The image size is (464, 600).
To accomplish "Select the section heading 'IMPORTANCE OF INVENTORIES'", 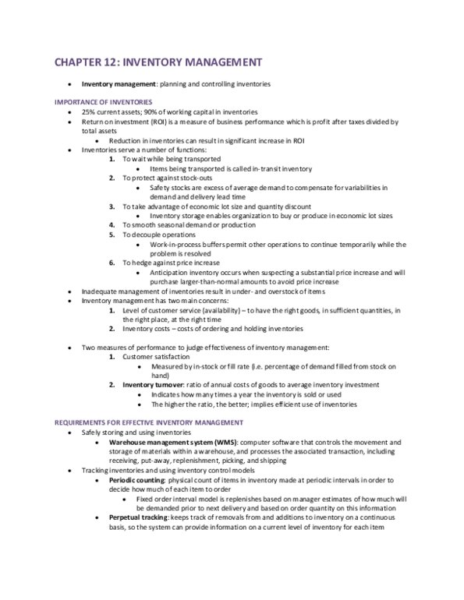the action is [102, 103].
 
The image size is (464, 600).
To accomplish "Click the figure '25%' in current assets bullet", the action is [88, 112].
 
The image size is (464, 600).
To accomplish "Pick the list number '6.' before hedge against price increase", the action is [112, 264].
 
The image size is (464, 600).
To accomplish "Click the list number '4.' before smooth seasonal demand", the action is [112, 224].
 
